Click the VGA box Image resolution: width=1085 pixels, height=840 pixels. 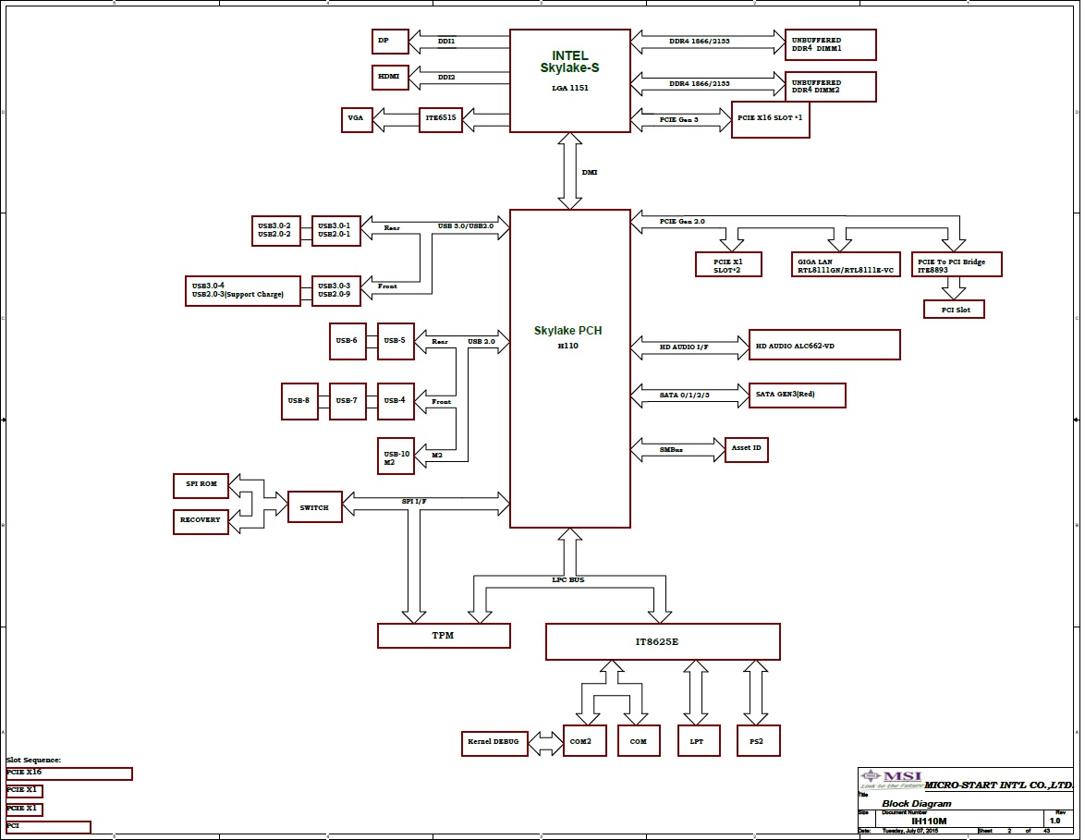[x=356, y=119]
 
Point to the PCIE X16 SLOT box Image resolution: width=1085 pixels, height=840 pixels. [x=770, y=120]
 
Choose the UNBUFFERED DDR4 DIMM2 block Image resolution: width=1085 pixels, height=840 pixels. [x=830, y=87]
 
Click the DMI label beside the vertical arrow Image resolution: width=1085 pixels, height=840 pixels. [x=589, y=172]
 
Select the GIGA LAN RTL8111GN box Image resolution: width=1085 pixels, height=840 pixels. [x=846, y=265]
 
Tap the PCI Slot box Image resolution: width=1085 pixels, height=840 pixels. [x=955, y=309]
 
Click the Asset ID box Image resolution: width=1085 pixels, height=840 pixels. [x=747, y=450]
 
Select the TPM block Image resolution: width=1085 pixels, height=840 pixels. [x=444, y=636]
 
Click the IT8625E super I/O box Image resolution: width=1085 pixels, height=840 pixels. [x=663, y=641]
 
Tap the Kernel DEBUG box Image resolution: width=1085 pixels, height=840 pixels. [x=494, y=742]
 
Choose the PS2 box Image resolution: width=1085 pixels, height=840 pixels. [x=758, y=741]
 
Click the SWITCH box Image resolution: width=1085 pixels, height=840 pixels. [x=314, y=507]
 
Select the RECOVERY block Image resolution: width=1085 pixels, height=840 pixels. [x=201, y=520]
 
